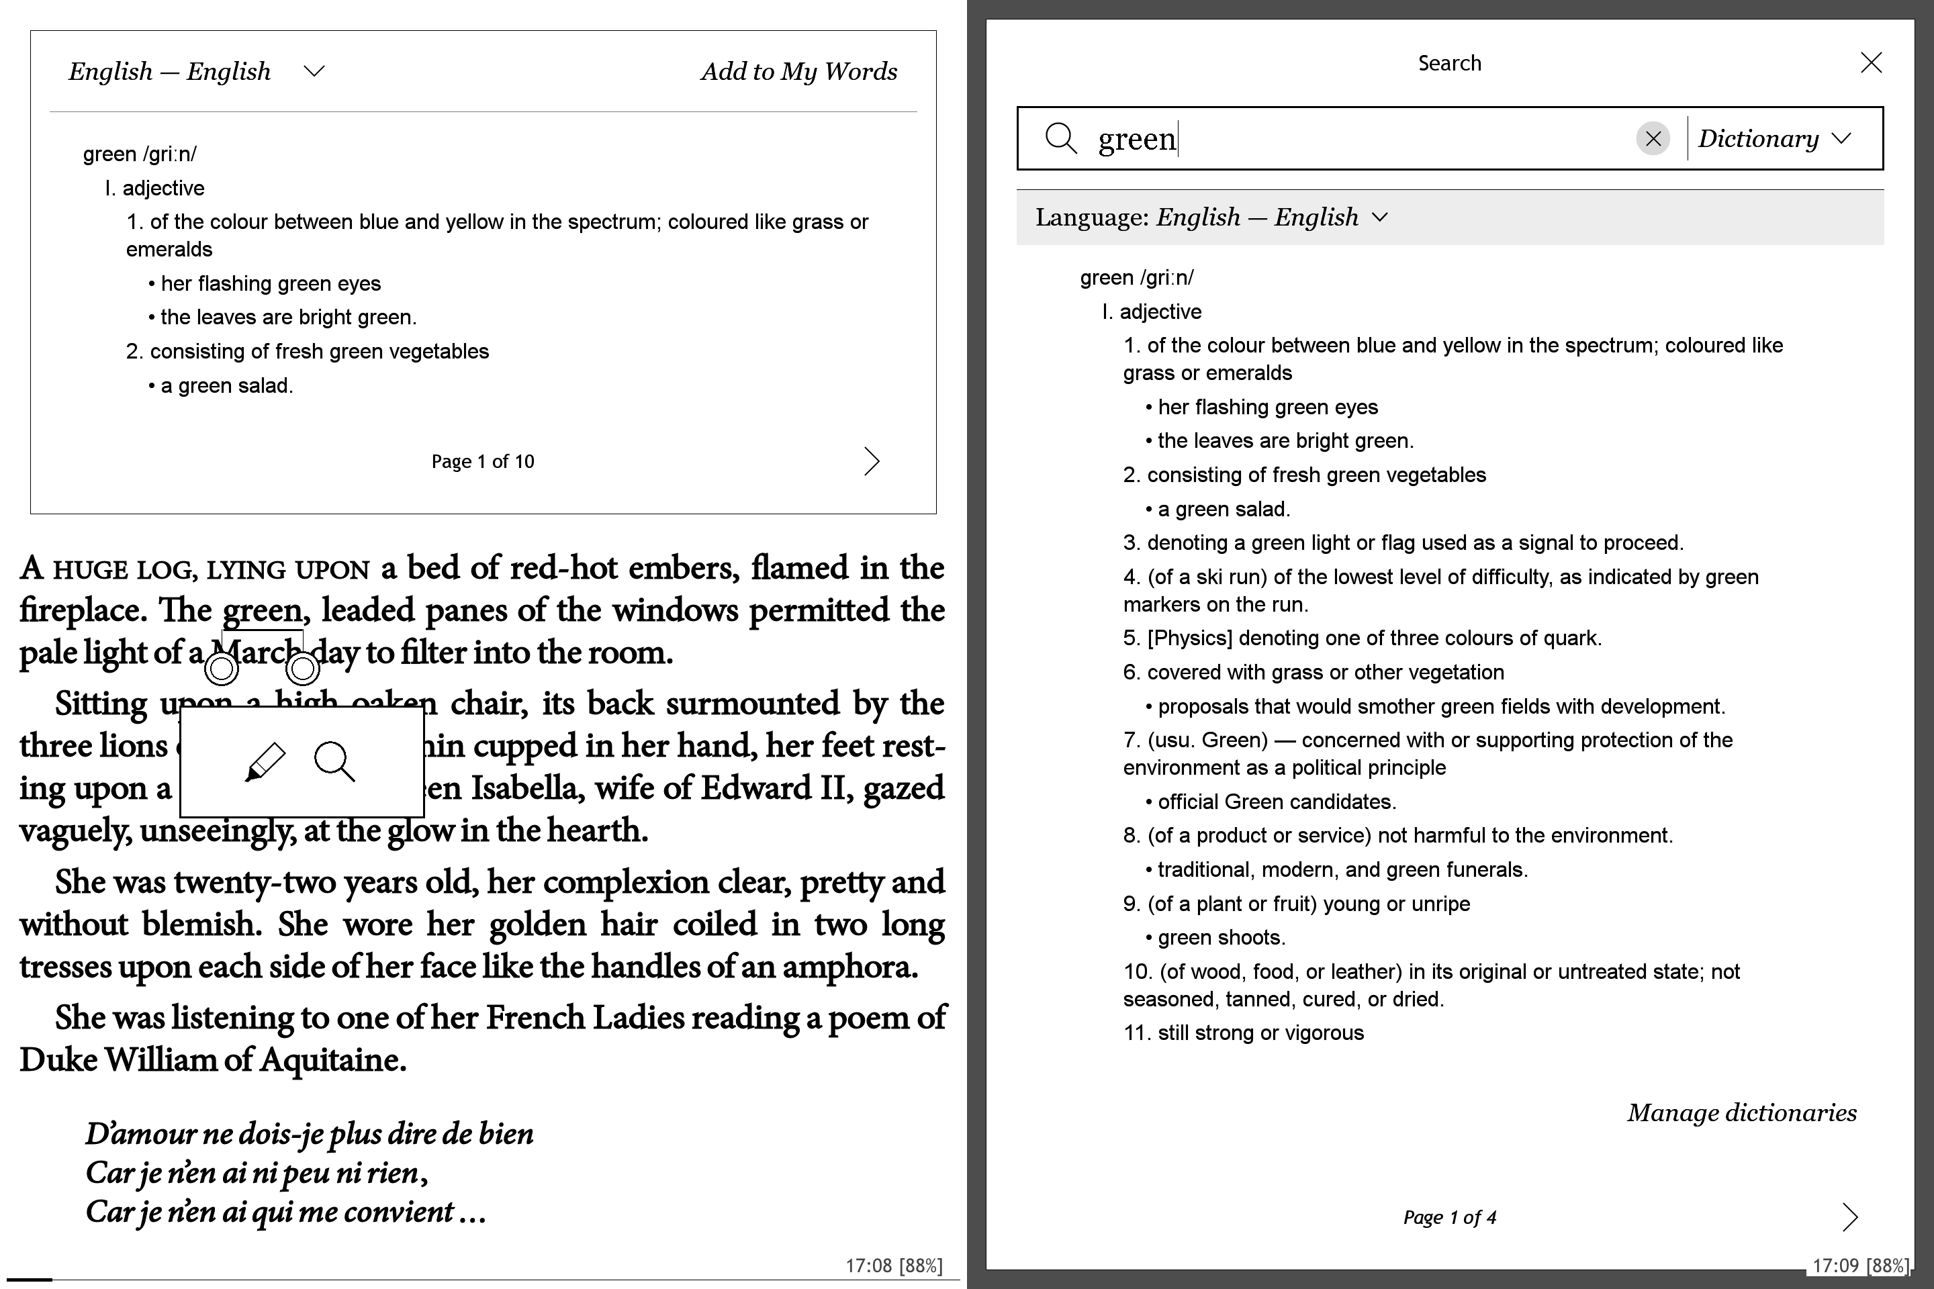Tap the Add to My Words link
click(x=798, y=72)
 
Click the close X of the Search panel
click(x=1871, y=62)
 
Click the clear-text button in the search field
click(x=1653, y=138)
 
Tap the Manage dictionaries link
click(x=1741, y=1112)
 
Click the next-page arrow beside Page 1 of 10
click(x=872, y=461)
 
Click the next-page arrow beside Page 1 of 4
click(x=1849, y=1216)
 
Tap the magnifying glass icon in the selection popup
click(x=334, y=761)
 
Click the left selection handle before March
click(x=221, y=669)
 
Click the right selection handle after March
click(x=303, y=669)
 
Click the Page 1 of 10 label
click(x=483, y=461)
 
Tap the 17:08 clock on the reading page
click(x=868, y=1265)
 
